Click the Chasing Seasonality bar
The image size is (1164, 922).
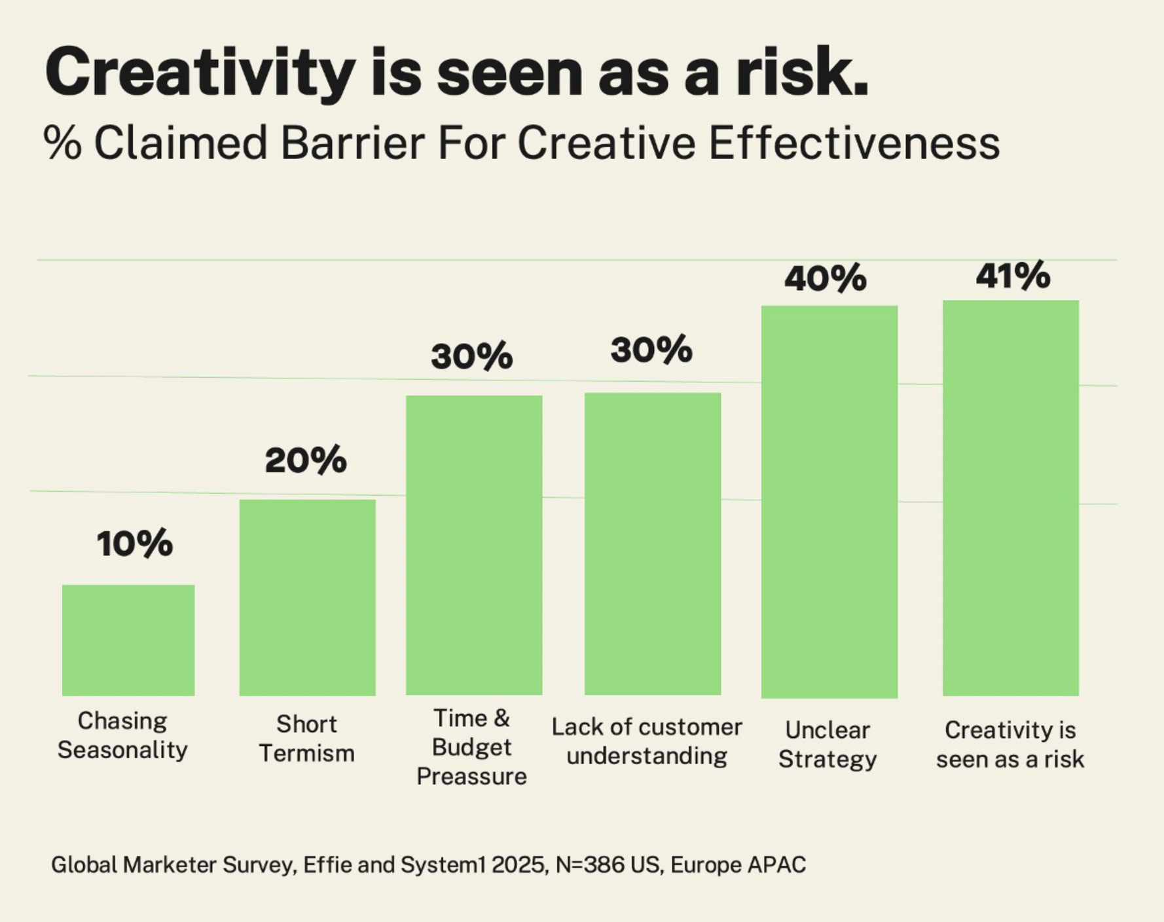click(x=128, y=640)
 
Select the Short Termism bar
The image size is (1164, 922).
click(x=307, y=597)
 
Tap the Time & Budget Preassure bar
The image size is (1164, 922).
click(x=474, y=545)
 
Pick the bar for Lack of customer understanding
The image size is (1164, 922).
click(x=653, y=544)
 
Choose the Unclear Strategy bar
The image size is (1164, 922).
click(x=829, y=502)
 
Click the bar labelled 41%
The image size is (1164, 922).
click(x=1011, y=498)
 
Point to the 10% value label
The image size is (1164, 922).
click(x=134, y=544)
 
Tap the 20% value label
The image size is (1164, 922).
click(x=306, y=460)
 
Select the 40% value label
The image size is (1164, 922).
click(x=826, y=278)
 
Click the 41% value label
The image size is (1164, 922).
click(x=1013, y=275)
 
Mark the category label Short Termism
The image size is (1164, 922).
click(x=306, y=739)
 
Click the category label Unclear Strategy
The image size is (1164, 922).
click(x=828, y=745)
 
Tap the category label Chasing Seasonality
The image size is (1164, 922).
click(x=122, y=735)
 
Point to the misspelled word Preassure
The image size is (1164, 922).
click(x=471, y=777)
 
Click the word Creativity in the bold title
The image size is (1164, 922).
click(x=200, y=73)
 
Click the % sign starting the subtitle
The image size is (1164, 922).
click(x=62, y=143)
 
